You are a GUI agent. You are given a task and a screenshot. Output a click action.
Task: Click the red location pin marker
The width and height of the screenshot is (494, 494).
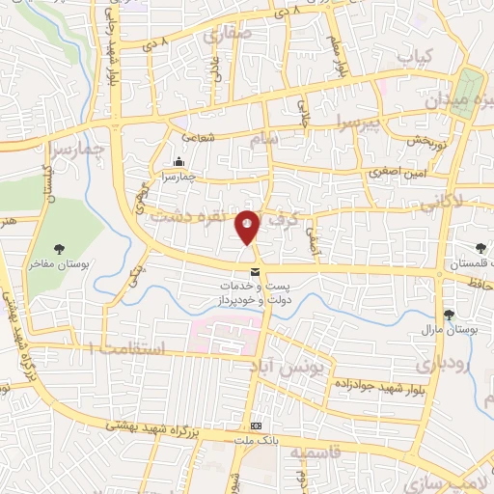point(248,226)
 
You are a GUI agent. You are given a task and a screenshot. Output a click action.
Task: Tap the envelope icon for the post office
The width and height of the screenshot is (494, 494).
point(255,273)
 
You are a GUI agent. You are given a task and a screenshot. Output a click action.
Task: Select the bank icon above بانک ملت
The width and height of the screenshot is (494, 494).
point(256,425)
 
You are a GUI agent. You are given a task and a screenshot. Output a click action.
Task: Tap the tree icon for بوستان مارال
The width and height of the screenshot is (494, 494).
point(449,314)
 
